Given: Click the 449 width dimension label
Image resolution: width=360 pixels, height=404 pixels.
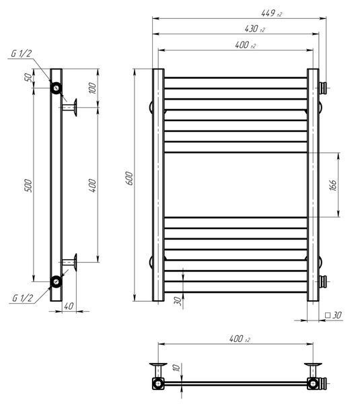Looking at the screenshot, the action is click(271, 13).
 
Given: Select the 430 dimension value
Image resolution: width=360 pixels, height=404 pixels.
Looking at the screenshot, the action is click(254, 28).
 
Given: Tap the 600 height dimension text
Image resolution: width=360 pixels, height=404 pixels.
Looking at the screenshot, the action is click(130, 178).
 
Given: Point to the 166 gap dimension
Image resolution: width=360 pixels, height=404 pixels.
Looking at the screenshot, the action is click(333, 185).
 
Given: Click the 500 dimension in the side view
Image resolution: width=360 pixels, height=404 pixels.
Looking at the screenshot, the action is click(28, 186).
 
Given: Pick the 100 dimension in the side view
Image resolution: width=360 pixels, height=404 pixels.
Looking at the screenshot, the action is click(92, 88).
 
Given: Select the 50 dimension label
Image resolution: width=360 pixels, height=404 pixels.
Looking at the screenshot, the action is click(28, 77).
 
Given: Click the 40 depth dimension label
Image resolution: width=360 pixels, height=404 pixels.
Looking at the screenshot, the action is click(69, 306).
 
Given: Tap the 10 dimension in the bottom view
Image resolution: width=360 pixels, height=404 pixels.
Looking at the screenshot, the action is click(177, 368).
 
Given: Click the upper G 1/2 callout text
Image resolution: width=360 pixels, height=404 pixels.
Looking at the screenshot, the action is click(22, 53).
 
